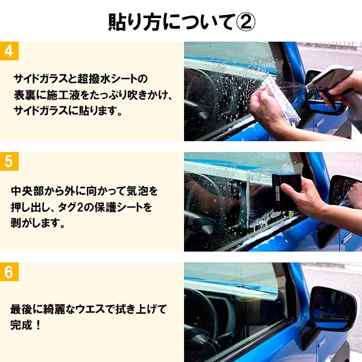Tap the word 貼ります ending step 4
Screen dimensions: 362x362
pos(103,112)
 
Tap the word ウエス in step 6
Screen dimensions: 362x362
pos(89,310)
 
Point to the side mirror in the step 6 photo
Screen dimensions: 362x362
pos(331,309)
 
